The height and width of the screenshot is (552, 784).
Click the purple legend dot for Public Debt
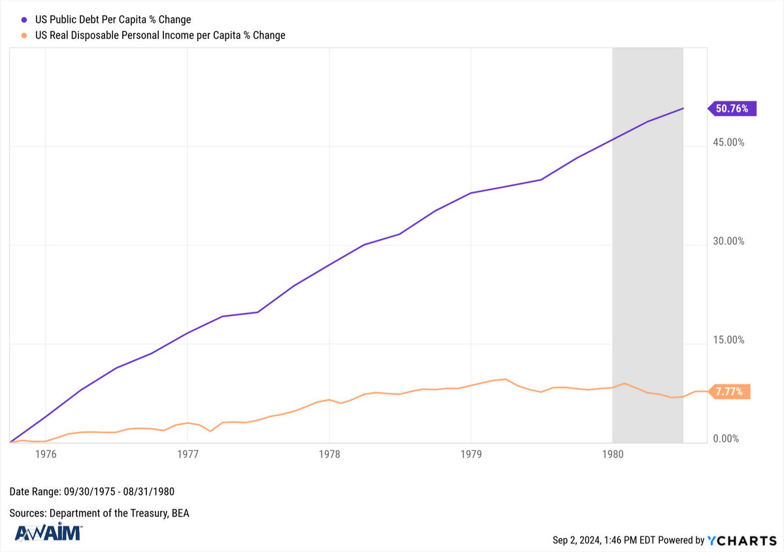tap(24, 20)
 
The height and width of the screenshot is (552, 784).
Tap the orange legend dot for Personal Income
tap(24, 35)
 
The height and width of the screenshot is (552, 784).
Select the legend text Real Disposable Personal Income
tap(160, 35)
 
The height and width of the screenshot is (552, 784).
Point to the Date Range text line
tap(92, 491)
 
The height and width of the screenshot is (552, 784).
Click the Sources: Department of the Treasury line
tap(99, 513)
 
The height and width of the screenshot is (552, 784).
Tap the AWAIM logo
tap(48, 532)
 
